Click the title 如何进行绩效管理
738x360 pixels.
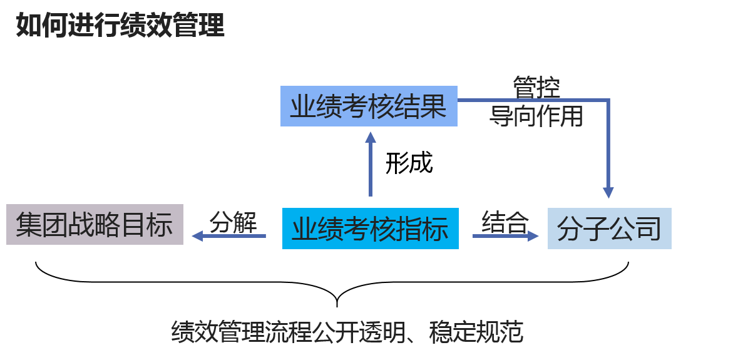[120, 26]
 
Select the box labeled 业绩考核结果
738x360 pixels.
[369, 107]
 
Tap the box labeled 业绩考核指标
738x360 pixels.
[370, 229]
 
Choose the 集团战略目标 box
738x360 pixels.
[95, 224]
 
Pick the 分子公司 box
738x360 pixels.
[609, 229]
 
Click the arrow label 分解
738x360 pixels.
[233, 222]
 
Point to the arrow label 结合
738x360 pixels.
[505, 222]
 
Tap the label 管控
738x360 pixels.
[536, 88]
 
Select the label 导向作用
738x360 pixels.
[536, 116]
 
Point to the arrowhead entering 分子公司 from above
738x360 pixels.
[608, 192]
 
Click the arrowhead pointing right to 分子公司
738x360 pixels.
[533, 235]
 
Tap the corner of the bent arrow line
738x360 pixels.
[608, 100]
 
